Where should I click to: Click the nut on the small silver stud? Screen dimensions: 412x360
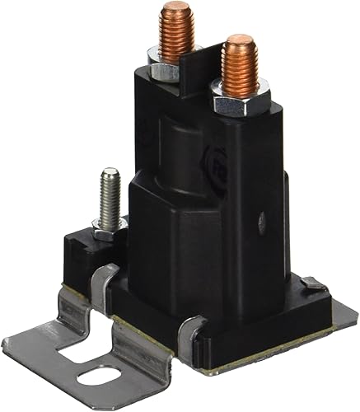pyautogui.click(x=109, y=227)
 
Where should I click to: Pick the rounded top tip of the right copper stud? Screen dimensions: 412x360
pyautogui.click(x=241, y=39)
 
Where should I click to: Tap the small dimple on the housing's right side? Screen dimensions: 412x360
pyautogui.click(x=262, y=221)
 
